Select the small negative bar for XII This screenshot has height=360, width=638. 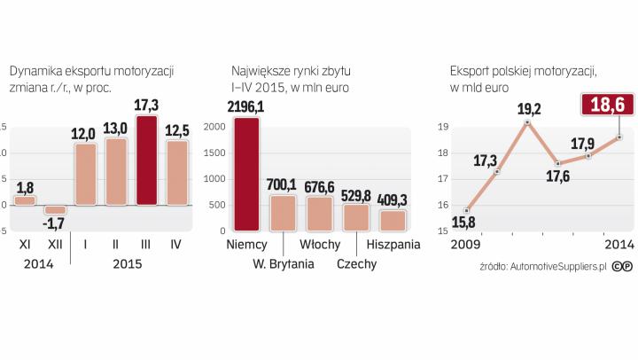55,209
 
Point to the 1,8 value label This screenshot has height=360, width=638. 25,187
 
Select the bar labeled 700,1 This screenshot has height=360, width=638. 283,213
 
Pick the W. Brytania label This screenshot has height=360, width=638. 284,263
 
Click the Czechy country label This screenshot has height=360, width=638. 357,263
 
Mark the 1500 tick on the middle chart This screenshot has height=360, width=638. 216,154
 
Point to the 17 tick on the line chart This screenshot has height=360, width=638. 442,179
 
